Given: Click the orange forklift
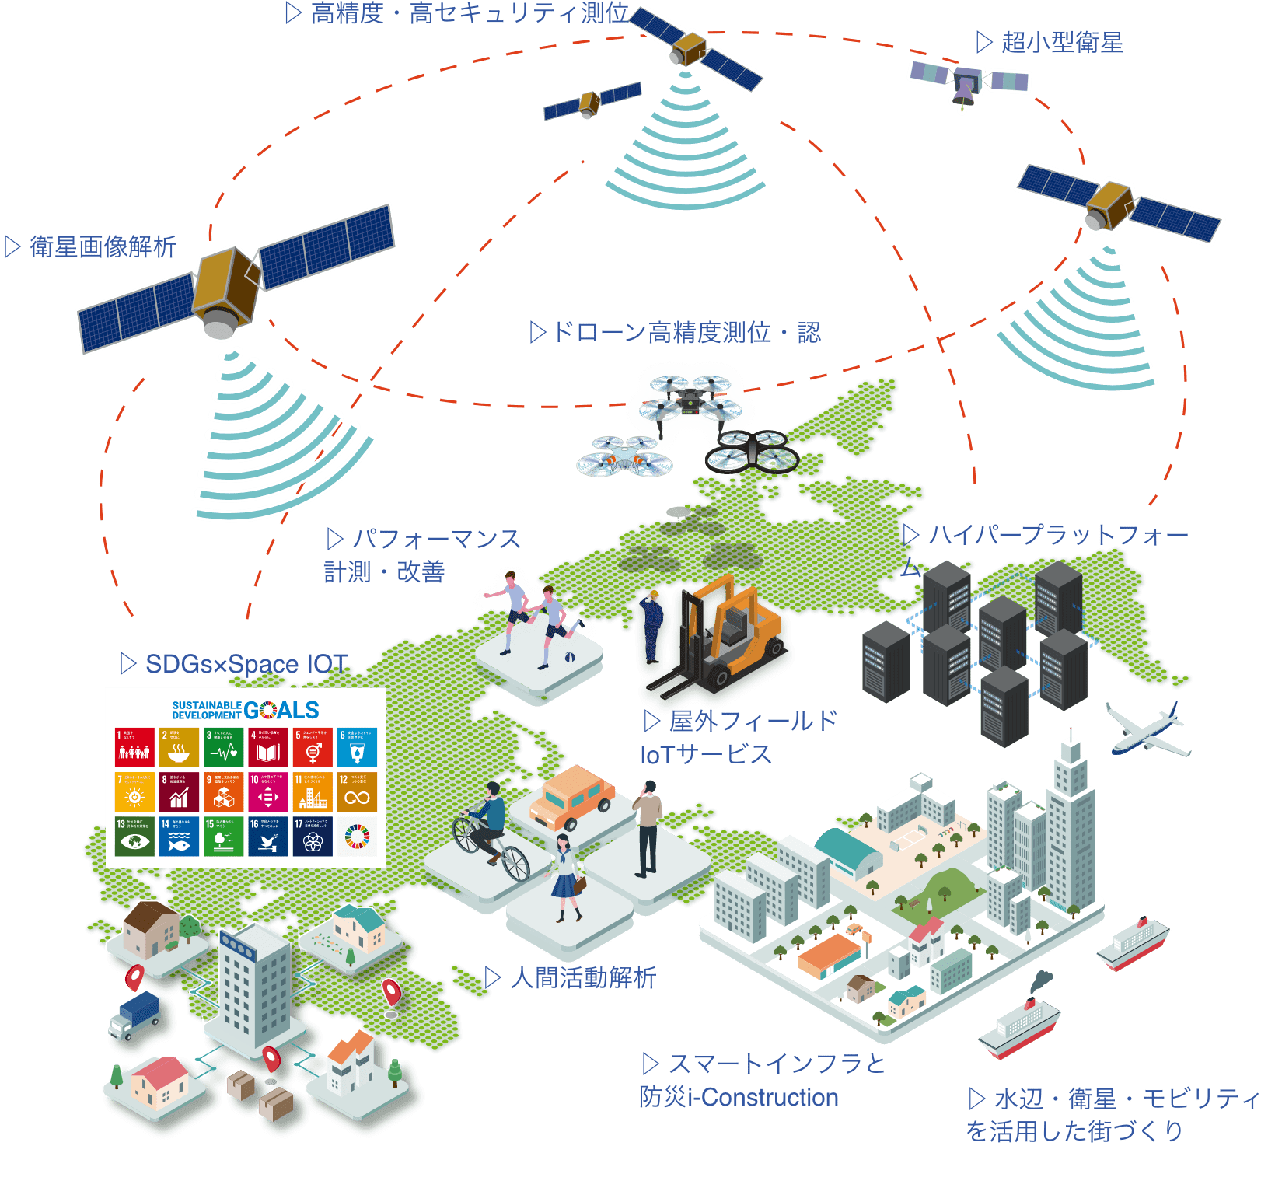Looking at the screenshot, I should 723,638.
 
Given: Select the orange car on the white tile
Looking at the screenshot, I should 572,798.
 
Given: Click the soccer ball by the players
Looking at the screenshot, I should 570,658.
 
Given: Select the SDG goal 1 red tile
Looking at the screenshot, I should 134,747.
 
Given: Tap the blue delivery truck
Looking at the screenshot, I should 135,1014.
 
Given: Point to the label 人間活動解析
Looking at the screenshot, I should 583,977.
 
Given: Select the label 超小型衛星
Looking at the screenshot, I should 1061,42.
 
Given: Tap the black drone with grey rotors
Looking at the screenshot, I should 751,451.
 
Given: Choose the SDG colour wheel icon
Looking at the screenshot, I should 358,836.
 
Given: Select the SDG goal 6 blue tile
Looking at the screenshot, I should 358,747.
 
